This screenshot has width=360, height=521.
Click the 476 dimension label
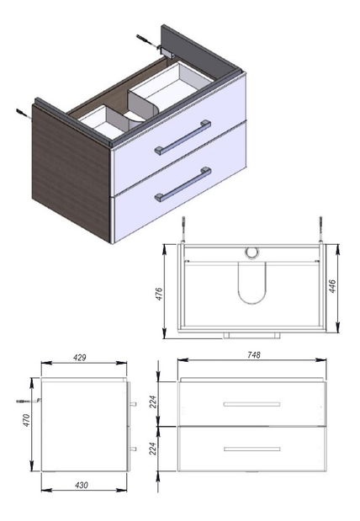point(160,294)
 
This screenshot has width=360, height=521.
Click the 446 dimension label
point(332,286)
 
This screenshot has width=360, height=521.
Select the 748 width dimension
point(254,355)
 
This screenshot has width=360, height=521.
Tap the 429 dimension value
point(80,358)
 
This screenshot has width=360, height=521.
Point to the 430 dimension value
point(82,486)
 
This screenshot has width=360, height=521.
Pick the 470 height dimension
point(27,420)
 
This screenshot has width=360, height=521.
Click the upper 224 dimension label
point(153,402)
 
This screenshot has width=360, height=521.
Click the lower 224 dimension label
point(153,449)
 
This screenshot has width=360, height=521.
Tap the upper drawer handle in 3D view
point(183,137)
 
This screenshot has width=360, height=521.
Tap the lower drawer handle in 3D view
point(183,184)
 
